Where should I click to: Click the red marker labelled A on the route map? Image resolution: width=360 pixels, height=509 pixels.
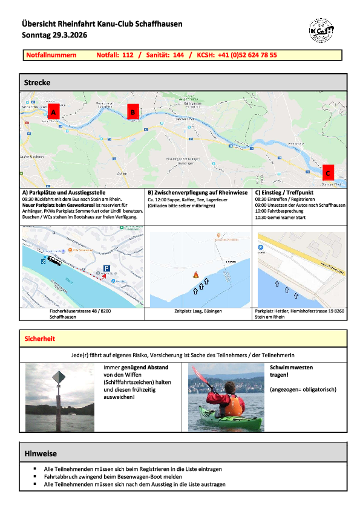pyautogui.click(x=53, y=112)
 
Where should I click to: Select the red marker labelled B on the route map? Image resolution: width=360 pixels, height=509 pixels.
pyautogui.click(x=133, y=111)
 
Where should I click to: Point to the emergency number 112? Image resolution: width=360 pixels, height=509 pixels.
pyautogui.click(x=127, y=55)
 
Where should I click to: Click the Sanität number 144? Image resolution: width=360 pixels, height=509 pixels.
pyautogui.click(x=178, y=55)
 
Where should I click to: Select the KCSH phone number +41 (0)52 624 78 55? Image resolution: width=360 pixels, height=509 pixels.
pyautogui.click(x=247, y=55)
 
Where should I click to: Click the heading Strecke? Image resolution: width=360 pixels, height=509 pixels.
pyautogui.click(x=37, y=82)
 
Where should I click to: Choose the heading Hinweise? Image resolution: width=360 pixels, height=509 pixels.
pyautogui.click(x=41, y=453)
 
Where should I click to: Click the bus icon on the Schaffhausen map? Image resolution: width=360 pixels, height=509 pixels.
pyautogui.click(x=55, y=261)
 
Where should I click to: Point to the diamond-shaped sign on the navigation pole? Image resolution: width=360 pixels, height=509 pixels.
pyautogui.click(x=58, y=378)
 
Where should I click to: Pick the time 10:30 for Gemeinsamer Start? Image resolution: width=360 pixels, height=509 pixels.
pyautogui.click(x=264, y=218)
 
